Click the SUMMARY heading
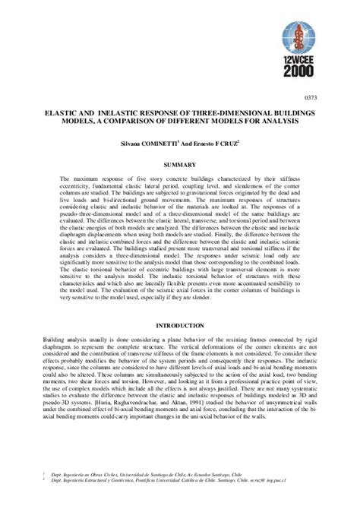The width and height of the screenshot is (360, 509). click(x=179, y=163)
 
